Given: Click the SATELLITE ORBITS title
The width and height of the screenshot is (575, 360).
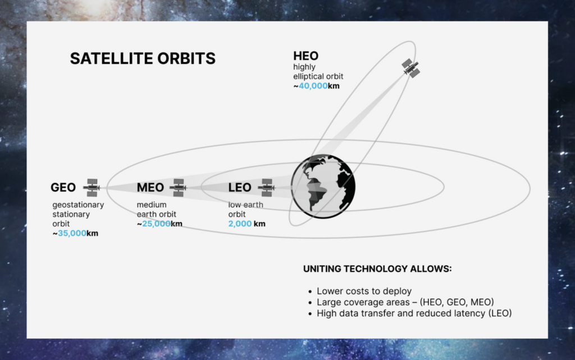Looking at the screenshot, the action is coord(143,58).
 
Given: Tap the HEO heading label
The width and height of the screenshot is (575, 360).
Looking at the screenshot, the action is coord(306,56).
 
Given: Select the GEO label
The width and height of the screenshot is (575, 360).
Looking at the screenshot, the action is coord(63,188).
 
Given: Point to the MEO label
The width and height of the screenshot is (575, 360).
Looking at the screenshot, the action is coord(150,188).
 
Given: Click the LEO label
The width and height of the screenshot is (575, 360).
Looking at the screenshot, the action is coord(240,188).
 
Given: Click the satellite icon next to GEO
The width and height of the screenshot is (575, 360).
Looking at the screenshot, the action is coord(92,188).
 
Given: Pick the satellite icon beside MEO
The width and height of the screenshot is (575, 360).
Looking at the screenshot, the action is coord(179,188).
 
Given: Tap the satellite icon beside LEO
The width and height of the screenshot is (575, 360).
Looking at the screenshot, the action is coord(267,188).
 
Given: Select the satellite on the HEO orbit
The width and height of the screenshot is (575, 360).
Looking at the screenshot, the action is coord(410,68).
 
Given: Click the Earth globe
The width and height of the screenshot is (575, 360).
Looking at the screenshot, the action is coord(323,186).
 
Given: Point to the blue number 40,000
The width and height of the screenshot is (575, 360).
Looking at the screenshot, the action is coord(313,86).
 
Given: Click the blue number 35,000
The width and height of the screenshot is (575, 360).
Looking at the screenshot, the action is coord(72,233).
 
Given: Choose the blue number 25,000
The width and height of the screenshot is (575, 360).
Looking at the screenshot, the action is coord(156,224).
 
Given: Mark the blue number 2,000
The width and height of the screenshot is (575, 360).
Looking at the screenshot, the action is coord(240,224).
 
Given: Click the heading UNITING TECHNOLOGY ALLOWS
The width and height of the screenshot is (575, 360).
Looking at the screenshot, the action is coord(377,268).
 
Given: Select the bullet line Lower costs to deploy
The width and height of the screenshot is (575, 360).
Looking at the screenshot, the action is coord(364,291).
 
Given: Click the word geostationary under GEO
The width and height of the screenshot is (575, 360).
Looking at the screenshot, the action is coord(78,205).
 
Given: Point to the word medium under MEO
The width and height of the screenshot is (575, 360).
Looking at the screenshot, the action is coord(152,204).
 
